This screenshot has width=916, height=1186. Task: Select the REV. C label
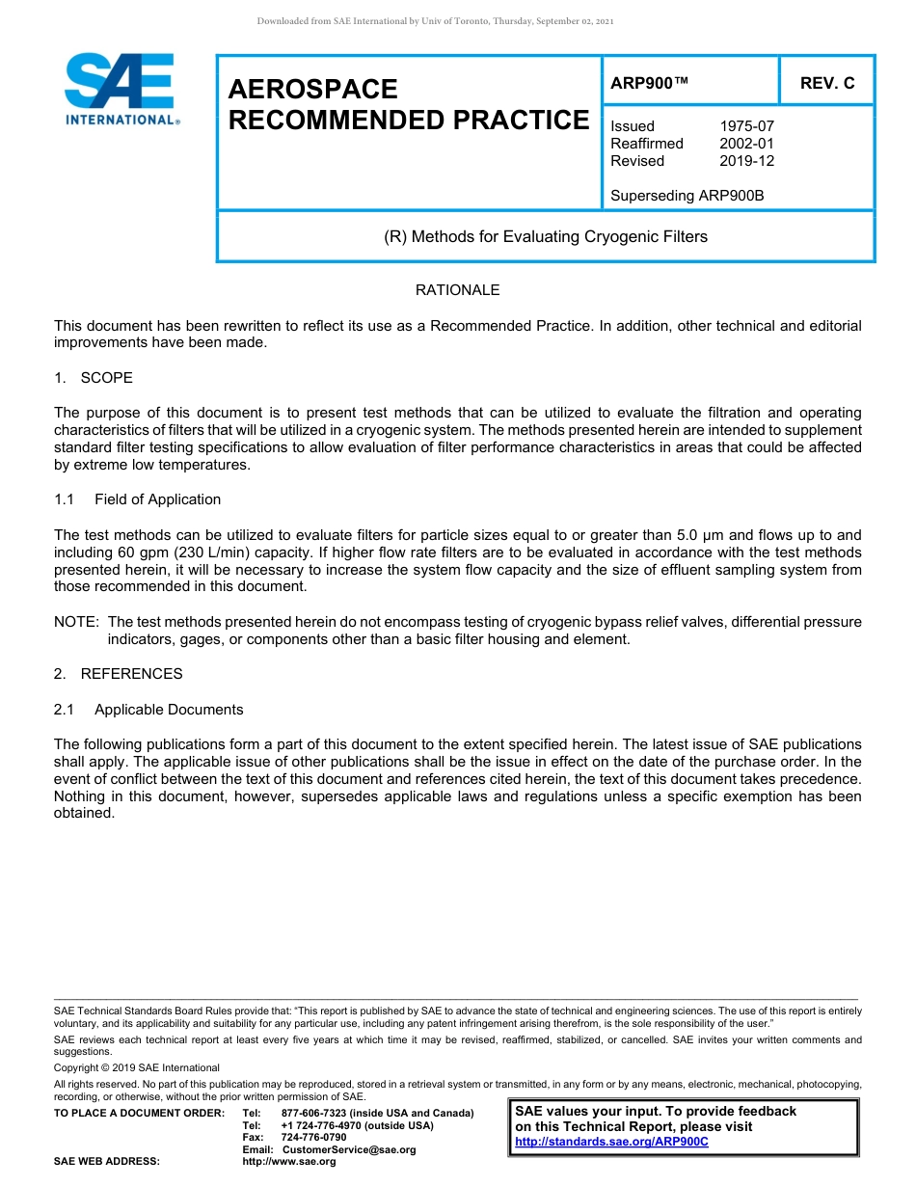point(826,83)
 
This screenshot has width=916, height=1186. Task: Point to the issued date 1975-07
point(746,126)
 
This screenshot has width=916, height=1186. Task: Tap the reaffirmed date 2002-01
point(746,144)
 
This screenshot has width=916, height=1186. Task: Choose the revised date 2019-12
point(746,161)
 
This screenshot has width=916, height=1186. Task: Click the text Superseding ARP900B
point(687,196)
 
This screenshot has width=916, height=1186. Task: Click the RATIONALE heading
point(457,290)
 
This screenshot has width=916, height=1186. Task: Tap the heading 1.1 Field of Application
point(138,499)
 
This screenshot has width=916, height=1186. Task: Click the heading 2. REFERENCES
point(119,674)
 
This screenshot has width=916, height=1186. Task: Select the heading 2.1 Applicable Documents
point(148,710)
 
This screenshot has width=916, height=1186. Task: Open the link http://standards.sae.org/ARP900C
point(611,1142)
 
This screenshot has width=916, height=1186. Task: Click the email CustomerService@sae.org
point(348,1149)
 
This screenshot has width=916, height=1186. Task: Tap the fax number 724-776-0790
point(313,1138)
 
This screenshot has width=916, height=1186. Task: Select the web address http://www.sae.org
point(309,1162)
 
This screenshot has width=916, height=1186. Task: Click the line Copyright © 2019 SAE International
point(137,1067)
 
